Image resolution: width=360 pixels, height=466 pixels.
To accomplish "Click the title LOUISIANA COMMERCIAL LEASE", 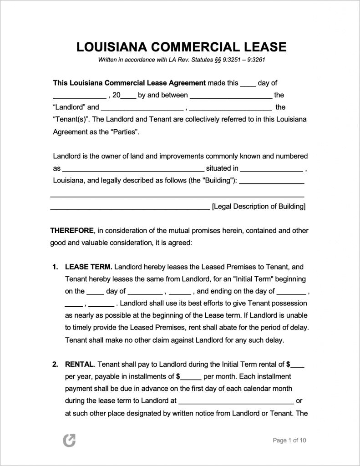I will tap(181, 47).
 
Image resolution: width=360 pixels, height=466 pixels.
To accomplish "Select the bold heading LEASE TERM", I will tap(89, 267).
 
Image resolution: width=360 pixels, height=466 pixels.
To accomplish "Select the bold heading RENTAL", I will tap(80, 364).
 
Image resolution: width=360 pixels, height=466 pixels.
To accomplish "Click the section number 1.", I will tap(55, 267).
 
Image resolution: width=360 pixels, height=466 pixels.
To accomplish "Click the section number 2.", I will tap(55, 364).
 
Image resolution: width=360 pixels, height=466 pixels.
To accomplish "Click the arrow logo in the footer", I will tap(69, 440).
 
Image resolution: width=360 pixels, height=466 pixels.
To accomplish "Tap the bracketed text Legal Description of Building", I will tap(259, 206).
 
